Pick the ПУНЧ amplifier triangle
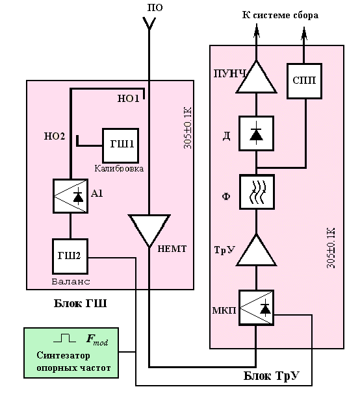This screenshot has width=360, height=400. click(256, 77)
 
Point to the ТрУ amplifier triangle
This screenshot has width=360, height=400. click(256, 251)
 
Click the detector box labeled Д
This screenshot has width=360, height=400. click(256, 133)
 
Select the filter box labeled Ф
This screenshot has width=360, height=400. click(257, 192)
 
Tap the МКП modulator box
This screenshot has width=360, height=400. click(256, 308)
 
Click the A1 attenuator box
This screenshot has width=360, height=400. click(70, 196)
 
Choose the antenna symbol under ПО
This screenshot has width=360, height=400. click(149, 24)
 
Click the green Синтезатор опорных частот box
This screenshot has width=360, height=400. click(71, 353)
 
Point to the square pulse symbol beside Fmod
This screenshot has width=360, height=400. click(64, 338)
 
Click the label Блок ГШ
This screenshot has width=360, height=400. click(80, 304)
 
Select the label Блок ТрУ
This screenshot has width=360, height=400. click(271, 376)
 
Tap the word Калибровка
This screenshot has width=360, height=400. click(119, 168)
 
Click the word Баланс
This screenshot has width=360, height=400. click(71, 281)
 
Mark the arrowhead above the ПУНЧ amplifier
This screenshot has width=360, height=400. click(256, 31)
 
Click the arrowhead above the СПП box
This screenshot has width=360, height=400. click(304, 33)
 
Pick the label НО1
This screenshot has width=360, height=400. click(129, 99)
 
